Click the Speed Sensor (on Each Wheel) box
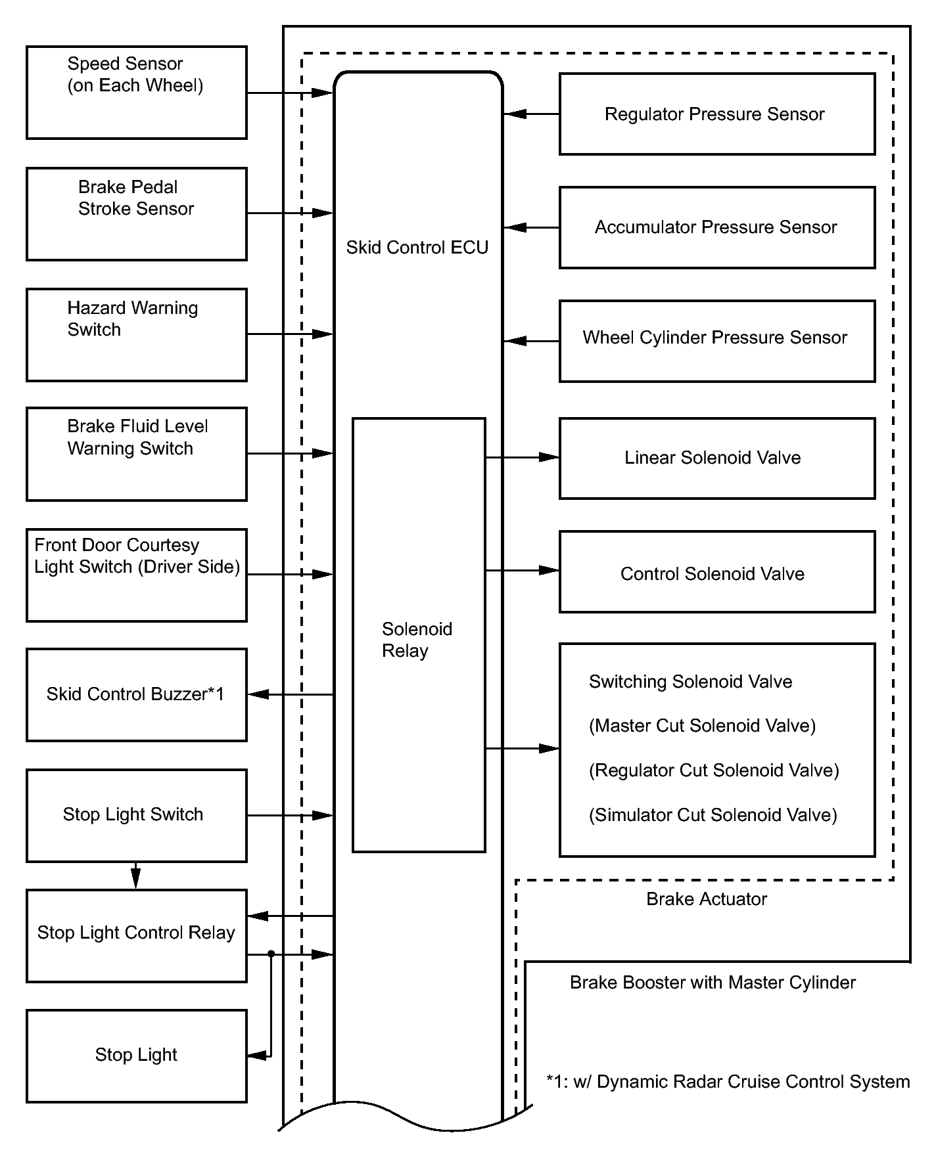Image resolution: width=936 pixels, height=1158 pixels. (x=137, y=93)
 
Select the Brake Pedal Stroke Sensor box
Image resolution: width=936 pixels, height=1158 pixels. (x=137, y=214)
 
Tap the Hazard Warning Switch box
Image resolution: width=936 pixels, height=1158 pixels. (x=137, y=335)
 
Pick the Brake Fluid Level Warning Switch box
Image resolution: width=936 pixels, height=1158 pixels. (x=137, y=455)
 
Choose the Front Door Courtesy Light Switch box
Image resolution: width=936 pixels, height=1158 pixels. (x=137, y=575)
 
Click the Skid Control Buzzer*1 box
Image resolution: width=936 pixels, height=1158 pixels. (x=137, y=695)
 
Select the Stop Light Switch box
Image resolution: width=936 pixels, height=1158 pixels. (x=137, y=816)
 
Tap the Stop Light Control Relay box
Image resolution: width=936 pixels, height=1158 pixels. (x=137, y=936)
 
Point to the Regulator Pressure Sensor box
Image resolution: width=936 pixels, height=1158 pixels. (x=716, y=114)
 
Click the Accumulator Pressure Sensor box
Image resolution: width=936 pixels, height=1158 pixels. (x=716, y=228)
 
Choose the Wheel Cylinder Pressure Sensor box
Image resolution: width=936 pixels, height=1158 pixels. (x=716, y=342)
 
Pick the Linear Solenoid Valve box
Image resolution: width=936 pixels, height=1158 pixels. (x=716, y=458)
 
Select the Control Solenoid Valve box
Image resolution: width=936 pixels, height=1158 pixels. (x=716, y=572)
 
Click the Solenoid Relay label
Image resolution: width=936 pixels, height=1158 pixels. (x=417, y=640)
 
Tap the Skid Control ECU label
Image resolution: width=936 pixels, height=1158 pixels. (x=417, y=248)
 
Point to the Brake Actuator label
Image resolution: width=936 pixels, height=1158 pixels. (x=707, y=899)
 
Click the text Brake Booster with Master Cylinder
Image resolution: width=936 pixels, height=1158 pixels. (x=713, y=983)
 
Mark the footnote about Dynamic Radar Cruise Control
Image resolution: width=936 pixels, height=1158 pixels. (x=728, y=1082)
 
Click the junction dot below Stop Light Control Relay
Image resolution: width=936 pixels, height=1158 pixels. (x=271, y=954)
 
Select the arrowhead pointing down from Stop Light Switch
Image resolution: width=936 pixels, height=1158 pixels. (x=135, y=878)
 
